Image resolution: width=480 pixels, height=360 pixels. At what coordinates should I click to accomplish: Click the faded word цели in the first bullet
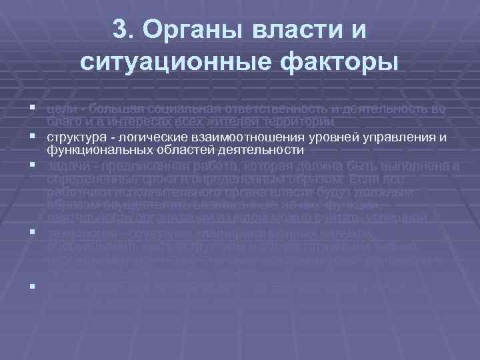58,109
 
